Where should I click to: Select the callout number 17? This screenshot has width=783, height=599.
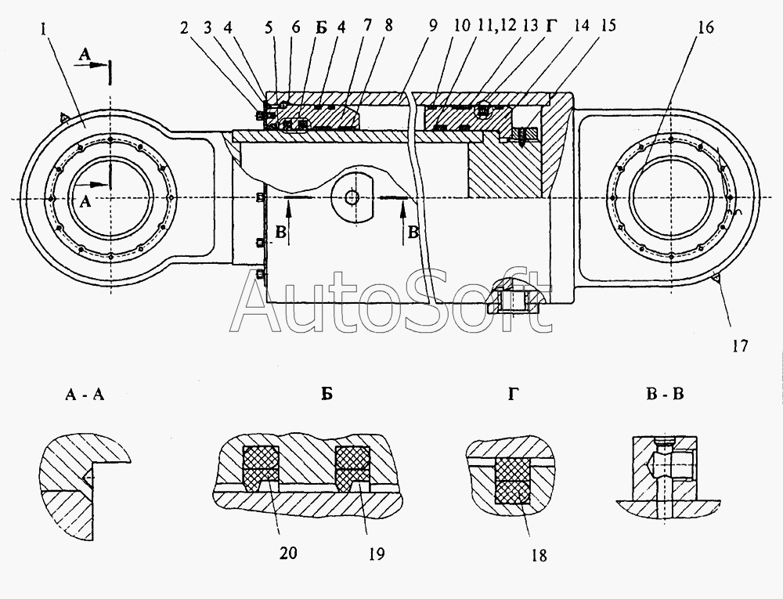click(740, 345)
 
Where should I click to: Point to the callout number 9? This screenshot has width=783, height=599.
click(432, 25)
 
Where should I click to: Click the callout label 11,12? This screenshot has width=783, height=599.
click(496, 25)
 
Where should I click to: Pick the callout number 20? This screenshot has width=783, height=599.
click(288, 552)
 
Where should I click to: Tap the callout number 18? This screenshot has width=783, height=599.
click(539, 555)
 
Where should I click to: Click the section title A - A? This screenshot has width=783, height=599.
click(85, 395)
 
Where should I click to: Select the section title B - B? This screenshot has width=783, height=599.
click(665, 394)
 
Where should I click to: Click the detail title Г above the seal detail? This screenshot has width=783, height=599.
click(513, 394)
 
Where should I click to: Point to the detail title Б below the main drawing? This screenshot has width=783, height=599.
click(327, 394)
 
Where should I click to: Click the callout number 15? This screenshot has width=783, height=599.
click(608, 25)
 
